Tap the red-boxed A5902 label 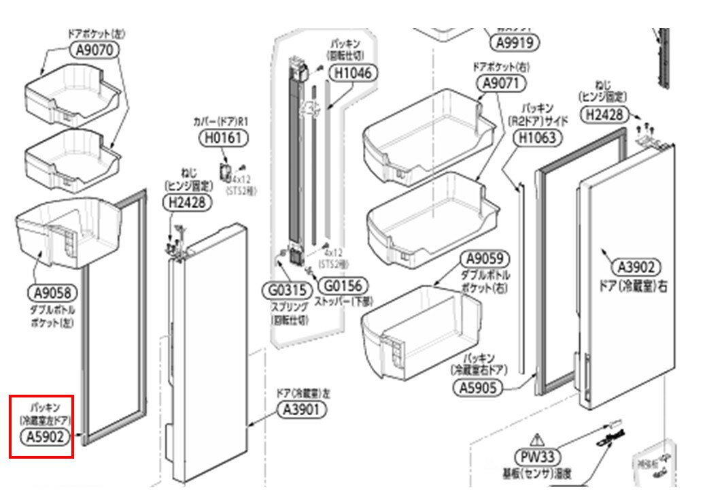tap(46, 437)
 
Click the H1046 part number tap(354, 72)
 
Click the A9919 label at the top tap(515, 42)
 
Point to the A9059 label tap(485, 259)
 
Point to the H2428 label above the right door tap(604, 115)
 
